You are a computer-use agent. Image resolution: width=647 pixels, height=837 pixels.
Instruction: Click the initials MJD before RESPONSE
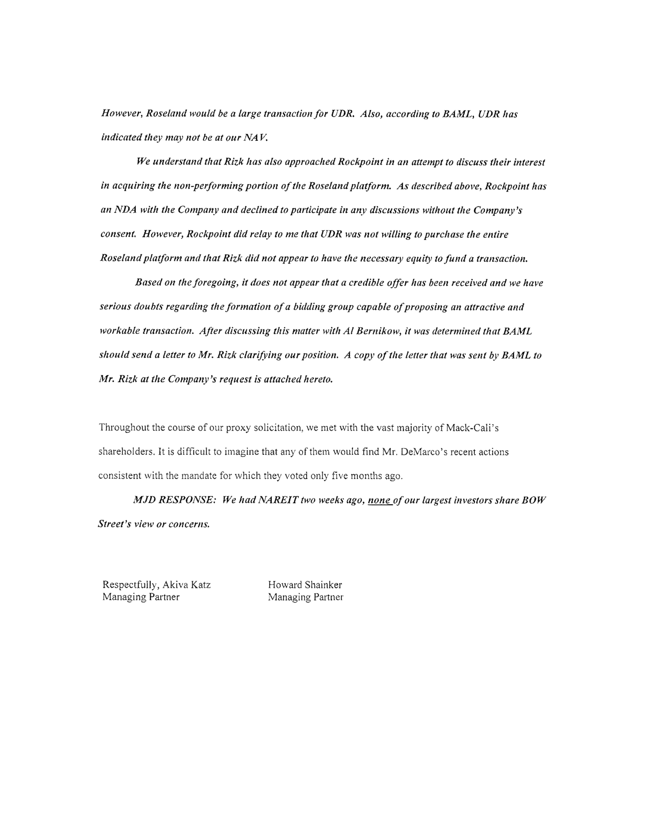pyautogui.click(x=144, y=500)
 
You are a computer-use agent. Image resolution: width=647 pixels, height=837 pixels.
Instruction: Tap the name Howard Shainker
pyautogui.click(x=305, y=585)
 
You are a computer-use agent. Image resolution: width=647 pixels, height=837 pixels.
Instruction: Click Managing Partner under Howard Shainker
pyautogui.click(x=305, y=597)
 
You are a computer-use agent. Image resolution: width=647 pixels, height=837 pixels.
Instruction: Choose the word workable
pyautogui.click(x=119, y=331)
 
